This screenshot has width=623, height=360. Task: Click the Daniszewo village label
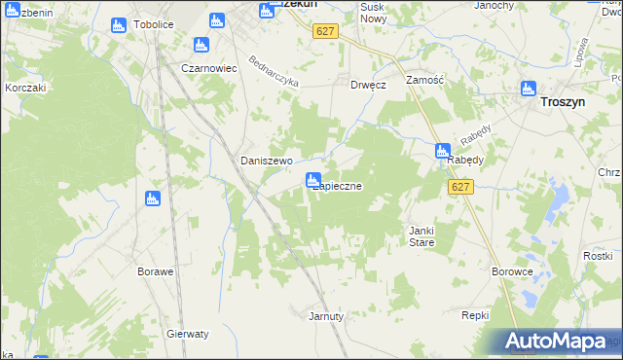pos(262,161)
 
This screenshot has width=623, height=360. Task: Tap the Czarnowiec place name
pos(210,68)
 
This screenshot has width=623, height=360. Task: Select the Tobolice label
pos(153,25)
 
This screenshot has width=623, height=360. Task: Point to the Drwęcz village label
pos(369,85)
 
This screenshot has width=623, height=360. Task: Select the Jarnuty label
pos(326,316)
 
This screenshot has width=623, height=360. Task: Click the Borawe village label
pos(156,271)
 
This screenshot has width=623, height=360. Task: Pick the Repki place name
pos(474,316)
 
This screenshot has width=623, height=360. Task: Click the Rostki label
pos(597,255)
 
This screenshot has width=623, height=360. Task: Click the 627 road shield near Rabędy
pos(461,187)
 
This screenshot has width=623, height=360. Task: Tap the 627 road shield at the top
pos(325,31)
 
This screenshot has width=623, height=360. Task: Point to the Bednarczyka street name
pos(274,70)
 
